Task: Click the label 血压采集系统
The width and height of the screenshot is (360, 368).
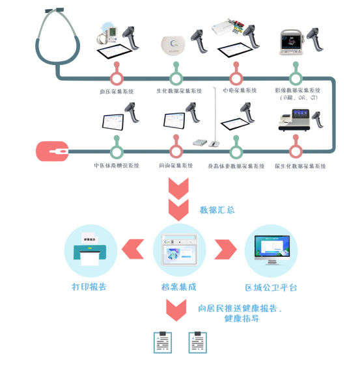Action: point(117,92)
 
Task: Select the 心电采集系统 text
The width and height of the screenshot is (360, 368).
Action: point(239,90)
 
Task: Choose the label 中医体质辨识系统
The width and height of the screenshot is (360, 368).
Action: point(117,166)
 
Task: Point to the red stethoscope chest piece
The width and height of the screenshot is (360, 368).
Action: point(51,152)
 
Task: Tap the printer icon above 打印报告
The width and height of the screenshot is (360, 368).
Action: point(90,251)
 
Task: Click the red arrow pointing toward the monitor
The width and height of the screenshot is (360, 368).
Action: point(225,249)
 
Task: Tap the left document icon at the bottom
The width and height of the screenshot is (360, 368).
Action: point(162,342)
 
